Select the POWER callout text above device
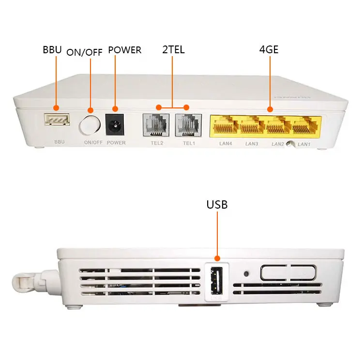124,49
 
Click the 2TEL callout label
173,49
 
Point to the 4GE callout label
269,49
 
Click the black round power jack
115,125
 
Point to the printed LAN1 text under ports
304,144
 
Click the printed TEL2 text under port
156,143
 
